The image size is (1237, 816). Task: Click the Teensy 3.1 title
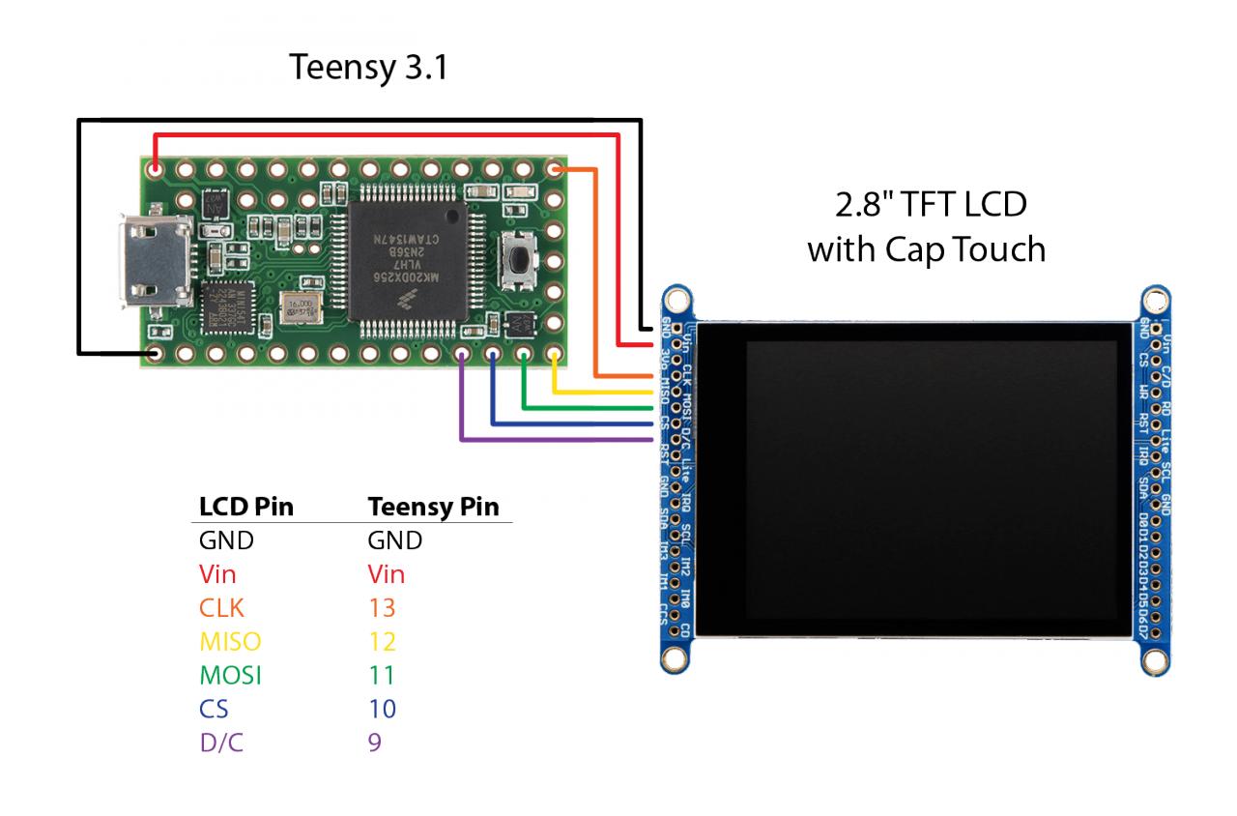pyautogui.click(x=368, y=70)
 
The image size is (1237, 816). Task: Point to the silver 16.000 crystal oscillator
pyautogui.click(x=300, y=310)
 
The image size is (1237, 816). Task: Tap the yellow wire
pyautogui.click(x=599, y=392)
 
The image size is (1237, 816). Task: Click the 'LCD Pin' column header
pyautogui.click(x=245, y=508)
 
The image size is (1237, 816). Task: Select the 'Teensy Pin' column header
pyautogui.click(x=433, y=508)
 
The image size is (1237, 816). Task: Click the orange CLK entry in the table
pyautogui.click(x=221, y=608)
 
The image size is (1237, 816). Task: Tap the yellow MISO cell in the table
pyautogui.click(x=230, y=642)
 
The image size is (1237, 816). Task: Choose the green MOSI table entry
pyautogui.click(x=230, y=676)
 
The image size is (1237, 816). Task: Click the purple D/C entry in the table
pyautogui.click(x=220, y=743)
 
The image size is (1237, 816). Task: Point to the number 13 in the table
pyautogui.click(x=382, y=608)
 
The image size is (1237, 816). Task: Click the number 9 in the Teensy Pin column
pyautogui.click(x=375, y=743)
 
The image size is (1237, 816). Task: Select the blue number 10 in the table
pyautogui.click(x=382, y=710)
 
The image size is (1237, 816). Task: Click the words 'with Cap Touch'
pyautogui.click(x=926, y=249)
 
